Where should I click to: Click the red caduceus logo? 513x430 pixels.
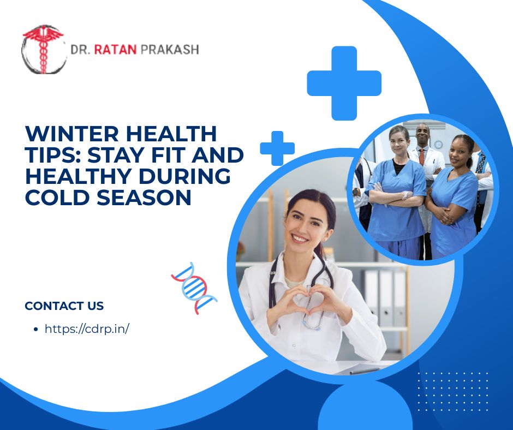[43, 49]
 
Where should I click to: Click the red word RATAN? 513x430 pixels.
[116, 50]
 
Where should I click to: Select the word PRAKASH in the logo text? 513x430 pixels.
[170, 50]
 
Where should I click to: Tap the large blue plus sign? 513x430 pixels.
[344, 83]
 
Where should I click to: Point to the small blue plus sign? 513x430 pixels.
[277, 148]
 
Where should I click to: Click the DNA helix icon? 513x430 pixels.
[194, 288]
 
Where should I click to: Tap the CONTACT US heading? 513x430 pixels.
[64, 306]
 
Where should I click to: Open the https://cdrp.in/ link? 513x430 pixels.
[87, 329]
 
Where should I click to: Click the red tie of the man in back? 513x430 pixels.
[421, 157]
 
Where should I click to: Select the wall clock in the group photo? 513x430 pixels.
[438, 144]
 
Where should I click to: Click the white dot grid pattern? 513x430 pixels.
[453, 391]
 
